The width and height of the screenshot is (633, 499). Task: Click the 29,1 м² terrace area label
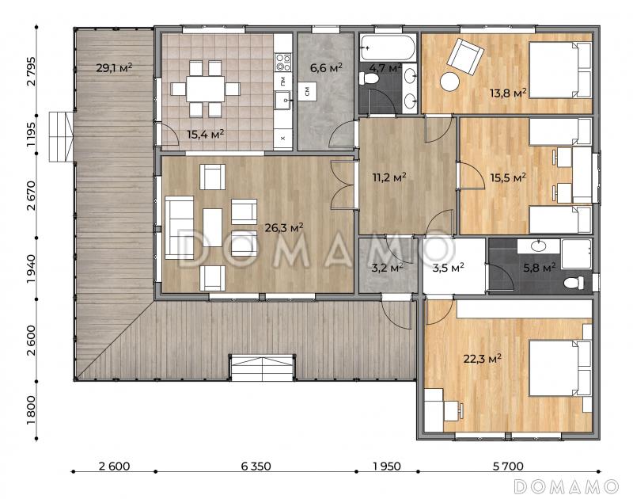coord(114,67)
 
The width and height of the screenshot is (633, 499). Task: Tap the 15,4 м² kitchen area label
coord(206,134)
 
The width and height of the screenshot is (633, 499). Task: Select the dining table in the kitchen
coord(206,89)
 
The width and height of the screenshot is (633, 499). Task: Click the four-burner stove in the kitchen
coord(283,62)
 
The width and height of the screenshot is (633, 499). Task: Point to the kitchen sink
coord(283,100)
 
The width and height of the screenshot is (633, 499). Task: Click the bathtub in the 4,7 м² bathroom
coord(388,48)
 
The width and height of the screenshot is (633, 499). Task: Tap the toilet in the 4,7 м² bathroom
coord(368,78)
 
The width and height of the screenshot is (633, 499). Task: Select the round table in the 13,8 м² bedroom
coord(449,82)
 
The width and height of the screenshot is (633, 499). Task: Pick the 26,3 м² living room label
coord(284,228)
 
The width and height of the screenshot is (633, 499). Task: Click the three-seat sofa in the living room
coord(180,227)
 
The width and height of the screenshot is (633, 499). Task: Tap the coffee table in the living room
coord(212,227)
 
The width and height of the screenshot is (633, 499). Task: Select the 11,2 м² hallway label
coord(389,177)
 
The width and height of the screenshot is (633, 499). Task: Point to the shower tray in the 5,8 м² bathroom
coord(576,253)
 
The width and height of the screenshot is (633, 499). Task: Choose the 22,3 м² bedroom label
coord(483,358)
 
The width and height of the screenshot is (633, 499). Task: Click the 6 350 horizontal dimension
coord(256,467)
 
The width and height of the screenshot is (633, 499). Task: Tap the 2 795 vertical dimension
coord(31,71)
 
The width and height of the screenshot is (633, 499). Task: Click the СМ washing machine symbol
coord(307,91)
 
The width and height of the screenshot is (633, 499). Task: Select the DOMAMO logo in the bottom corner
coord(567,486)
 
